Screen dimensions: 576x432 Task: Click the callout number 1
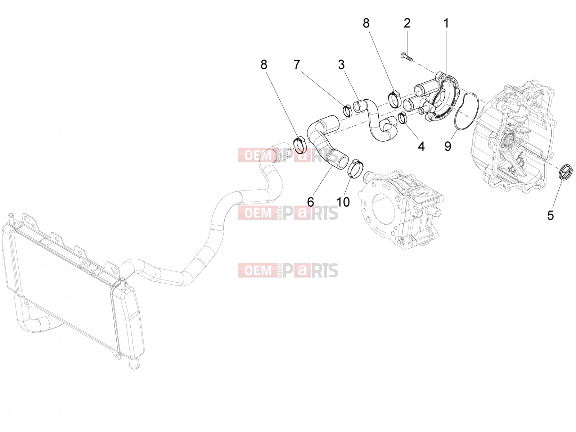click(446, 23)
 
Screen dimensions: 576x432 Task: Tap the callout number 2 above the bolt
click(407, 23)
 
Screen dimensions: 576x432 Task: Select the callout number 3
click(341, 64)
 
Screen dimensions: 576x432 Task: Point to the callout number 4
click(421, 147)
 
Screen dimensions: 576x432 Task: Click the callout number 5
click(550, 215)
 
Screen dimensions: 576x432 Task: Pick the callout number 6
click(310, 202)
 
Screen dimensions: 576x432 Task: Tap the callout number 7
click(297, 64)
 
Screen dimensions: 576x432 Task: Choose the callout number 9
click(448, 147)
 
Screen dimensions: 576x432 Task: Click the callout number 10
click(343, 202)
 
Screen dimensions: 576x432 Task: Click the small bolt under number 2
click(406, 56)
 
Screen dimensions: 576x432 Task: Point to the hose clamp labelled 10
click(356, 168)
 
